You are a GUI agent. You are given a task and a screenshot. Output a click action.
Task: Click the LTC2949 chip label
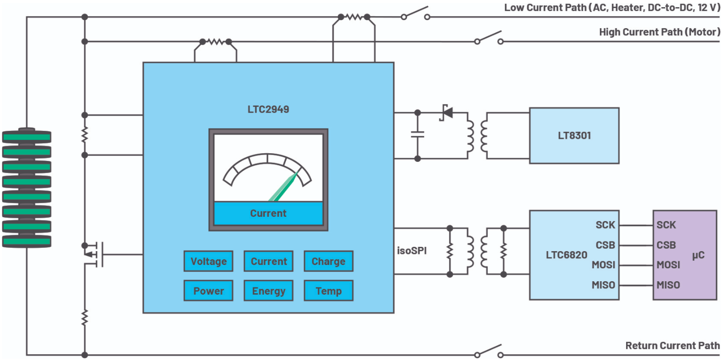pos(268,110)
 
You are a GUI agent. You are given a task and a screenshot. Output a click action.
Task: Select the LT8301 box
pos(574,136)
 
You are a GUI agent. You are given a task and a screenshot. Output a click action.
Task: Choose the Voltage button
pos(208,261)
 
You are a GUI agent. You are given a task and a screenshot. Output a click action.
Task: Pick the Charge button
pos(328,261)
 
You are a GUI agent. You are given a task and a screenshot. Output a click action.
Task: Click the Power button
pos(208,291)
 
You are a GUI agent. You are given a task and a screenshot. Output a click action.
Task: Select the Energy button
pos(269,291)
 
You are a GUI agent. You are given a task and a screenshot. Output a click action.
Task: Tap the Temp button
pos(328,291)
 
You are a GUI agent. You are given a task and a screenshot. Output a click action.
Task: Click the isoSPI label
pos(412,249)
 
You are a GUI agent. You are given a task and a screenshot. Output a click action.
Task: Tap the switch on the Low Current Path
pos(415,13)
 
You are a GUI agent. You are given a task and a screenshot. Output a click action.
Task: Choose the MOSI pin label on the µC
pos(668,265)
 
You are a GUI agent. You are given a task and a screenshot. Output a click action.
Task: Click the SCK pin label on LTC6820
pos(605,225)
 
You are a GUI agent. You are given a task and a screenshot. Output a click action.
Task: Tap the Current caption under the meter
pos(268,213)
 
